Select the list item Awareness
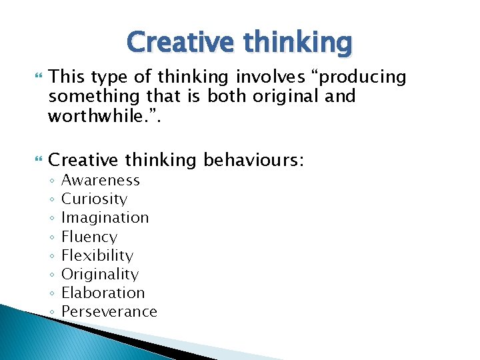[x=101, y=180]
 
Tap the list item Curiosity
[x=94, y=199]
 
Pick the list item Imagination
[x=105, y=217]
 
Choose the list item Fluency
[x=89, y=237]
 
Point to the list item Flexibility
[x=97, y=255]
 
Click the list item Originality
[x=100, y=274]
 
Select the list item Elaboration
[x=103, y=293]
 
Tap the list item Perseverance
[x=109, y=311]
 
